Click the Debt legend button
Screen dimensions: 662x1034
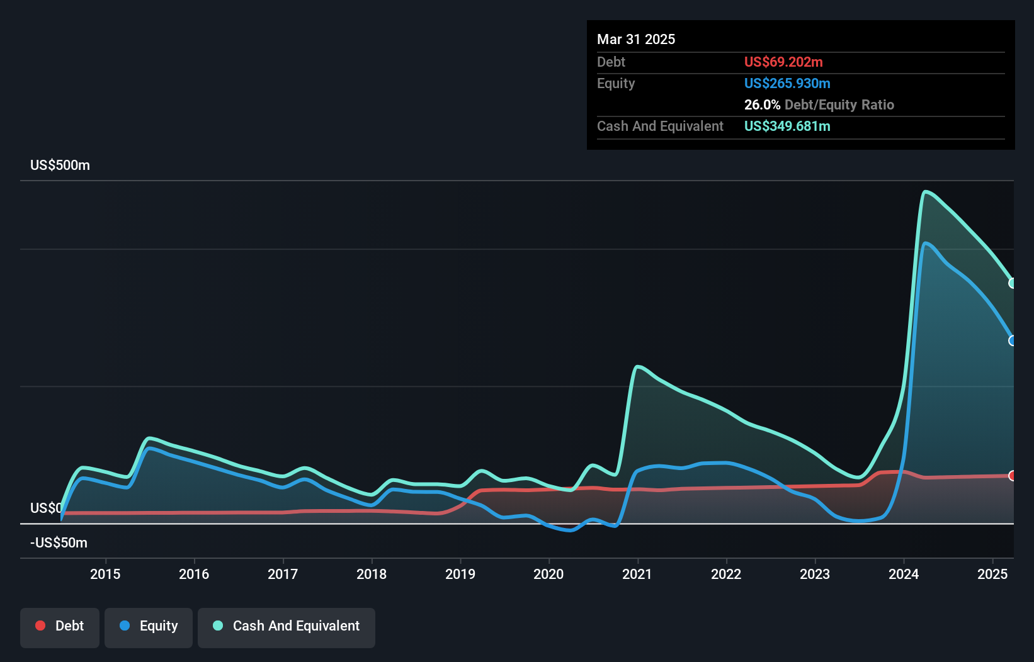(60, 626)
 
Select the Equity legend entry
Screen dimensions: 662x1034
(149, 626)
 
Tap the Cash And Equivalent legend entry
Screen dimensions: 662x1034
(287, 626)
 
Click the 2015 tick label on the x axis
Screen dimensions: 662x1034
(105, 574)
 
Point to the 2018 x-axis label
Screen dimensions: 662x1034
(372, 574)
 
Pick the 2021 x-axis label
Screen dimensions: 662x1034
(637, 574)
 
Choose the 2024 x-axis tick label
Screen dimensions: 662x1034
(904, 574)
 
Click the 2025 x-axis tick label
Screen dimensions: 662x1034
(992, 574)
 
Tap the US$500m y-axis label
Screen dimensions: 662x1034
(60, 165)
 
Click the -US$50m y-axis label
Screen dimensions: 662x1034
(59, 543)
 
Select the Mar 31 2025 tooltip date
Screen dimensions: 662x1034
(636, 40)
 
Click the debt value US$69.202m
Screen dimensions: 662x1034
(783, 62)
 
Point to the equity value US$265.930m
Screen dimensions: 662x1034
(787, 84)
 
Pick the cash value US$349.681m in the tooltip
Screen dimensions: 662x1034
(787, 126)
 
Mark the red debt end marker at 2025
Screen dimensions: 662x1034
(1012, 476)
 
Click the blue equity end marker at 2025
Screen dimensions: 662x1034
(1012, 340)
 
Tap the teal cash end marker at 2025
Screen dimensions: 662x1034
(1012, 283)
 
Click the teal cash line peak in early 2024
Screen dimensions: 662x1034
(925, 192)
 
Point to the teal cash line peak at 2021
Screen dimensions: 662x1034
(638, 366)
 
